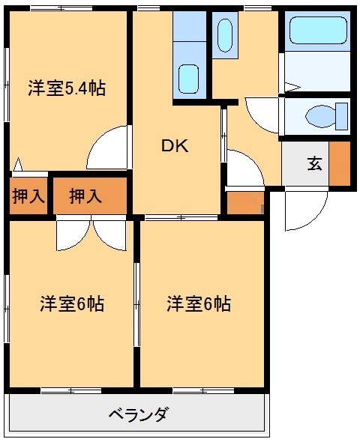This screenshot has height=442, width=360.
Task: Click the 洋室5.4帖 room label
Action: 67,88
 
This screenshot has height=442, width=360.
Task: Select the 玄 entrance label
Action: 313,163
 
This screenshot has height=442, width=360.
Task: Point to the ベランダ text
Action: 137,414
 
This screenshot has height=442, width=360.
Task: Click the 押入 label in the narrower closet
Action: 28,197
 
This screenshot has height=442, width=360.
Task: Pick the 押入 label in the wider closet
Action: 85,197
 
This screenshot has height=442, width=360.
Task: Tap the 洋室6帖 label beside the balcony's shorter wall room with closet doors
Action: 71,304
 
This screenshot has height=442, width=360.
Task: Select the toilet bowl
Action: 319,116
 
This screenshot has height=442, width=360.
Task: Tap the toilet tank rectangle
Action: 343,116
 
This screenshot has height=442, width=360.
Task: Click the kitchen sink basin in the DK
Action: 189,78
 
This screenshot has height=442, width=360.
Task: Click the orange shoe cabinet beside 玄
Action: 340,163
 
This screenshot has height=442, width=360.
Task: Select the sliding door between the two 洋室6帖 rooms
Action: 136,303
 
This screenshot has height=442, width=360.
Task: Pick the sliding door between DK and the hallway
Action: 223,135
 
